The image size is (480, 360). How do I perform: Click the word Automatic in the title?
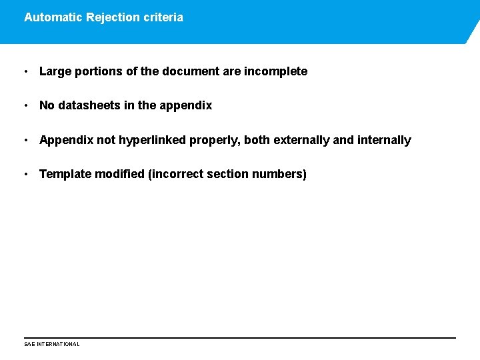[x=53, y=17]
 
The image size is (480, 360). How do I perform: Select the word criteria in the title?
[x=163, y=17]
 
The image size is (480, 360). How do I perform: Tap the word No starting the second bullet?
[x=47, y=105]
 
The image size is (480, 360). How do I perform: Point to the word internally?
[x=384, y=140]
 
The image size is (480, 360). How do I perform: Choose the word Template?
[x=65, y=174]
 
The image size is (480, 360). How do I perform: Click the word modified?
[x=120, y=174]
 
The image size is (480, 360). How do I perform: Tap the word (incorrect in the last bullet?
[x=176, y=174]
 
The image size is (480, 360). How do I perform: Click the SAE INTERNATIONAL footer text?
[x=51, y=344]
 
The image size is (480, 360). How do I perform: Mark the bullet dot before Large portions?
[x=25, y=71]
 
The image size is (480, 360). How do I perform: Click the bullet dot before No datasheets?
[x=25, y=105]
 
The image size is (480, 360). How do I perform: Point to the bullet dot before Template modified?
[x=25, y=174]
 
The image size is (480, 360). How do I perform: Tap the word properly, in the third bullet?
[x=216, y=140]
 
